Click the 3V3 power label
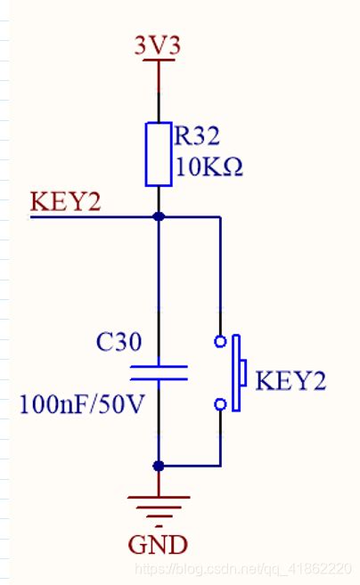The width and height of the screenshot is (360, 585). [x=158, y=46]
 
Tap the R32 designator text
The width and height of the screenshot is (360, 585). [x=197, y=136]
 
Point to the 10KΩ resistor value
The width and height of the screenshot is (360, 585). [x=209, y=167]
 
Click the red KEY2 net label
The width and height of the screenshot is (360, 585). [x=65, y=201]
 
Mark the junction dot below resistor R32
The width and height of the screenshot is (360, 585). [x=159, y=216]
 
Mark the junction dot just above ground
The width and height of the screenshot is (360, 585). [x=159, y=465]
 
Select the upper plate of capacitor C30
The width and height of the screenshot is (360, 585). [x=159, y=364]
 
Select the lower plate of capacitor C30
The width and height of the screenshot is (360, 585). [x=159, y=378]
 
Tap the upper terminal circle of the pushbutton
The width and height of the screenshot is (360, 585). [x=220, y=341]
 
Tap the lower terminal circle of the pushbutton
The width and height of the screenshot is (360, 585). [x=220, y=404]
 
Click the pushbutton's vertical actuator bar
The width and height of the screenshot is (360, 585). [x=237, y=373]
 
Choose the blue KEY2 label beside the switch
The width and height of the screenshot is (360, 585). [x=290, y=382]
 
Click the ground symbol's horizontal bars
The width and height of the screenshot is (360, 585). [x=159, y=505]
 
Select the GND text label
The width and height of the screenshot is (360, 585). [x=158, y=543]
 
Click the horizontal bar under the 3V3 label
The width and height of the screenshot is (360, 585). [x=159, y=61]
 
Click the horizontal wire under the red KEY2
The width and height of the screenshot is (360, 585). [x=89, y=216]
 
